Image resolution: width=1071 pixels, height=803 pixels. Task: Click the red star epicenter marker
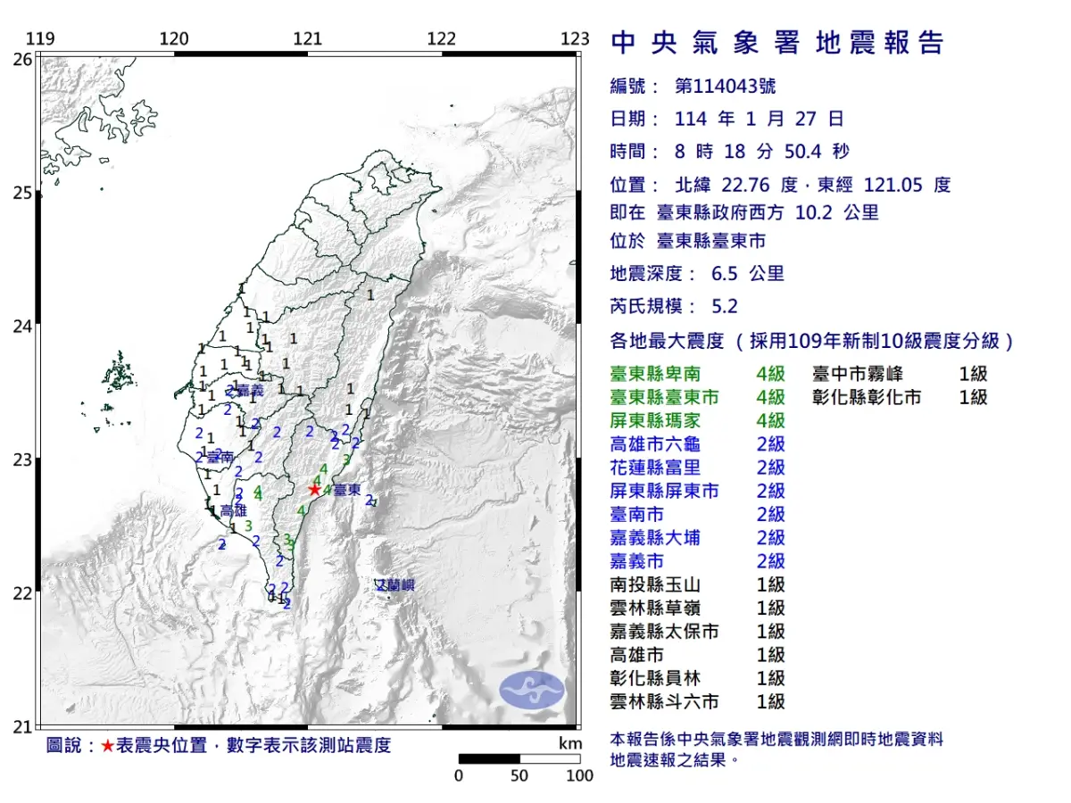(x=314, y=489)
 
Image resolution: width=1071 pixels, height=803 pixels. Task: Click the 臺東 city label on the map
(x=347, y=490)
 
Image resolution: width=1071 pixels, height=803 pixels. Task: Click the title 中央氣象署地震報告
(x=776, y=43)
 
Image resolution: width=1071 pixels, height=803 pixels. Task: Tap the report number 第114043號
(x=725, y=87)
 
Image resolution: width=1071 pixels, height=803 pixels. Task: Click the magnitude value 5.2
(x=725, y=306)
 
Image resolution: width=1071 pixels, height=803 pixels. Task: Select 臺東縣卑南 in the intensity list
(x=664, y=374)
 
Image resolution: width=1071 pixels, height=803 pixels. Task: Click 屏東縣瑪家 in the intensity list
(x=664, y=420)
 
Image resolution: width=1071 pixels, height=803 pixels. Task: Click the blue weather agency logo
(x=532, y=689)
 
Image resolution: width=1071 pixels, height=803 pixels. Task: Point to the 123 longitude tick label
(x=576, y=38)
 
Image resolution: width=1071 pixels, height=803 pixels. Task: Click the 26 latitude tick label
(x=21, y=59)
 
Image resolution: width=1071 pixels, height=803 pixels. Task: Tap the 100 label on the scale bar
(x=579, y=775)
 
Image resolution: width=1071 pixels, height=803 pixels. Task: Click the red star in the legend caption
(x=107, y=746)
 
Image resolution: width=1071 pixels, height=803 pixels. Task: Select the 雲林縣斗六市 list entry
(x=664, y=702)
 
